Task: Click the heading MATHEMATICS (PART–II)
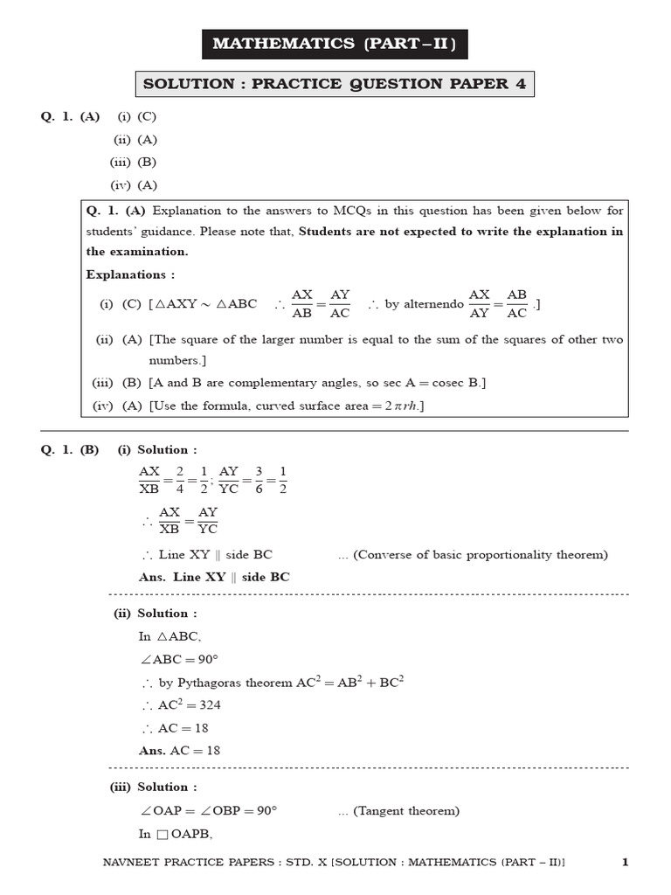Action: point(335,43)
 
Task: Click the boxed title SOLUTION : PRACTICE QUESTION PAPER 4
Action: point(335,85)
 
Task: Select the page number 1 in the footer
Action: point(625,863)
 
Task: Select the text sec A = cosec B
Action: point(424,383)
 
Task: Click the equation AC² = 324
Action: point(174,704)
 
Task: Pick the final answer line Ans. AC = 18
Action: point(179,750)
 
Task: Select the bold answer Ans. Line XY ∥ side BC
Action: point(214,577)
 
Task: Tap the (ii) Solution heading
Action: point(155,614)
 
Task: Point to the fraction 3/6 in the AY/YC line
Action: point(259,480)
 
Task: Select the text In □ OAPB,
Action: point(176,834)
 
